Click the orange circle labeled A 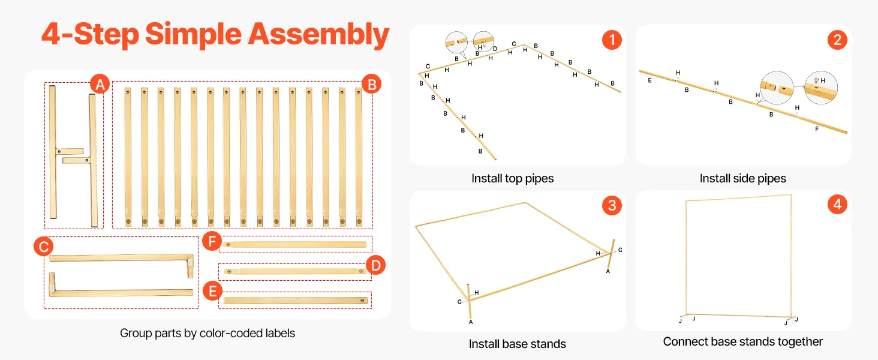[x=100, y=85]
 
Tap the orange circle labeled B [x=371, y=85]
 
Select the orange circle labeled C [x=42, y=246]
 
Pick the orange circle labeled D [x=375, y=265]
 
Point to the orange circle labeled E [x=211, y=292]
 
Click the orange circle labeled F [x=211, y=242]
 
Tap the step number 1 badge [x=611, y=40]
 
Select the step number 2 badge [x=837, y=40]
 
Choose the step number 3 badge [x=611, y=206]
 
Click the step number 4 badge [x=837, y=205]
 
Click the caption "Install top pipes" [x=512, y=178]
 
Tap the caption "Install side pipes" [x=742, y=178]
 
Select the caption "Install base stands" [x=517, y=344]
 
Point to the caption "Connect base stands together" [x=742, y=341]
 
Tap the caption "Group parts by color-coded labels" [x=208, y=333]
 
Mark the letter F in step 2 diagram [x=816, y=128]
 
